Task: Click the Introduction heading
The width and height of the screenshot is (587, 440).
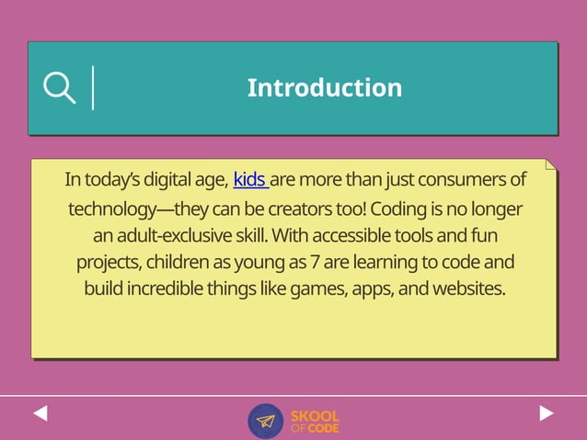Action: [x=324, y=88]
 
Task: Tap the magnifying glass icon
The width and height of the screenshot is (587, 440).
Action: [x=59, y=88]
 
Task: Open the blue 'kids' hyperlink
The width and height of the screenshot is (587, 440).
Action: [x=249, y=179]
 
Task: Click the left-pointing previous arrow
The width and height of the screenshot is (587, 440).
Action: [x=40, y=413]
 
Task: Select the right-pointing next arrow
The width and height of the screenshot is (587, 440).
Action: [x=547, y=413]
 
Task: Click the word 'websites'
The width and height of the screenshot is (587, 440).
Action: [x=469, y=289]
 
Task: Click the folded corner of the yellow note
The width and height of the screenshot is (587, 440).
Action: [x=551, y=164]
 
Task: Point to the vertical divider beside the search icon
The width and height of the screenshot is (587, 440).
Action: [x=93, y=88]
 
